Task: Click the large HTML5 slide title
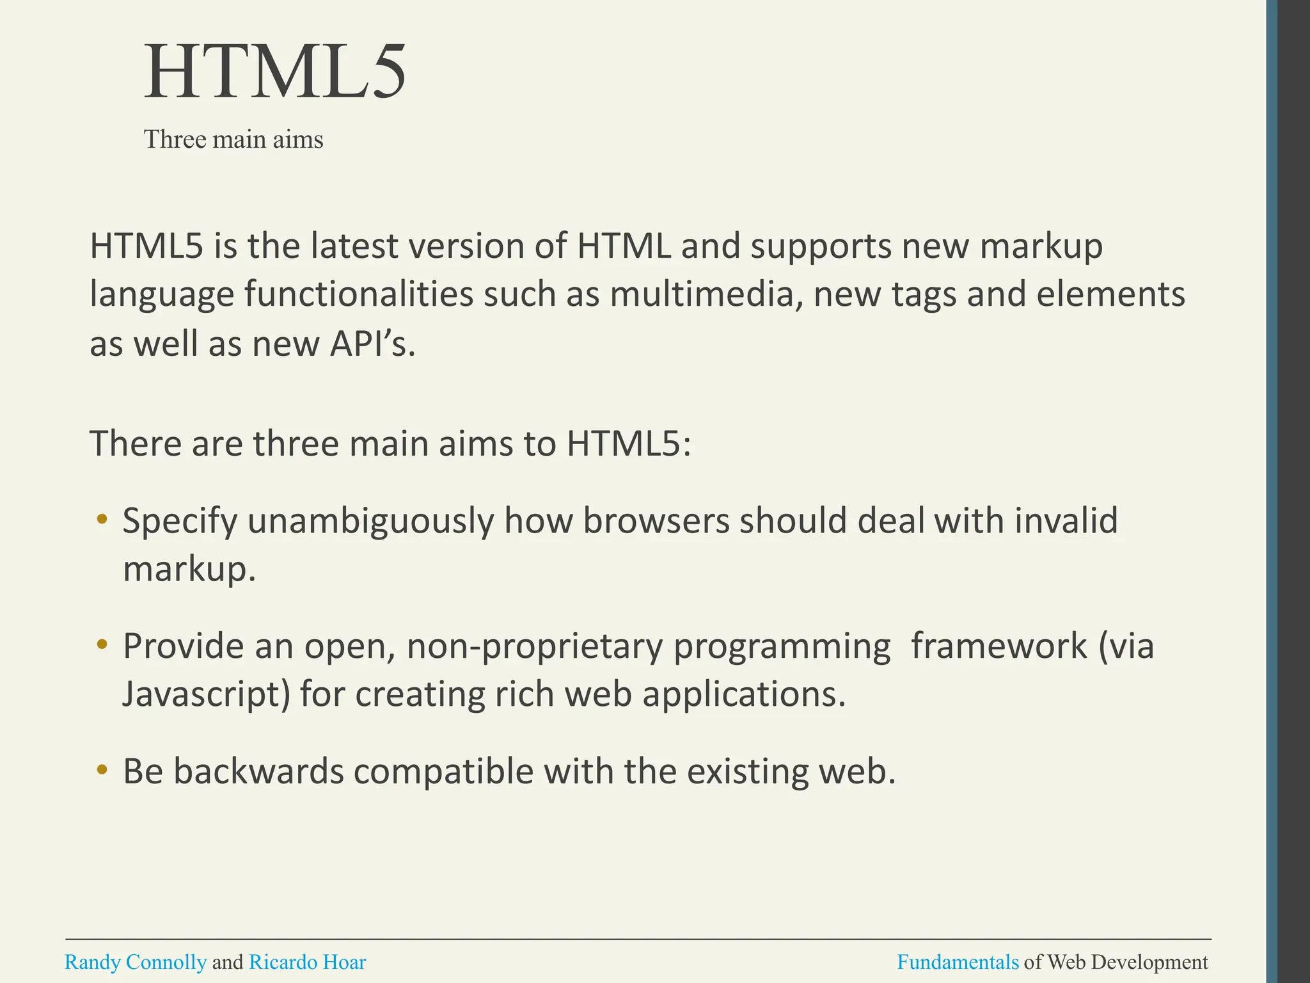(x=275, y=72)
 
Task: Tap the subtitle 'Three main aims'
(x=233, y=140)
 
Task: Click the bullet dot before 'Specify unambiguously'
(x=102, y=519)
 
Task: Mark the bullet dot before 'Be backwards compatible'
(x=102, y=770)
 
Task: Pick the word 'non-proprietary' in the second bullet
(x=534, y=647)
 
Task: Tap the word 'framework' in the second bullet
(x=998, y=646)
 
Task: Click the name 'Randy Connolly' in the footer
(x=136, y=963)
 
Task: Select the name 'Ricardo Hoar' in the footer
(x=307, y=963)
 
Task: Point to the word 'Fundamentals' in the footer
(x=958, y=963)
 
